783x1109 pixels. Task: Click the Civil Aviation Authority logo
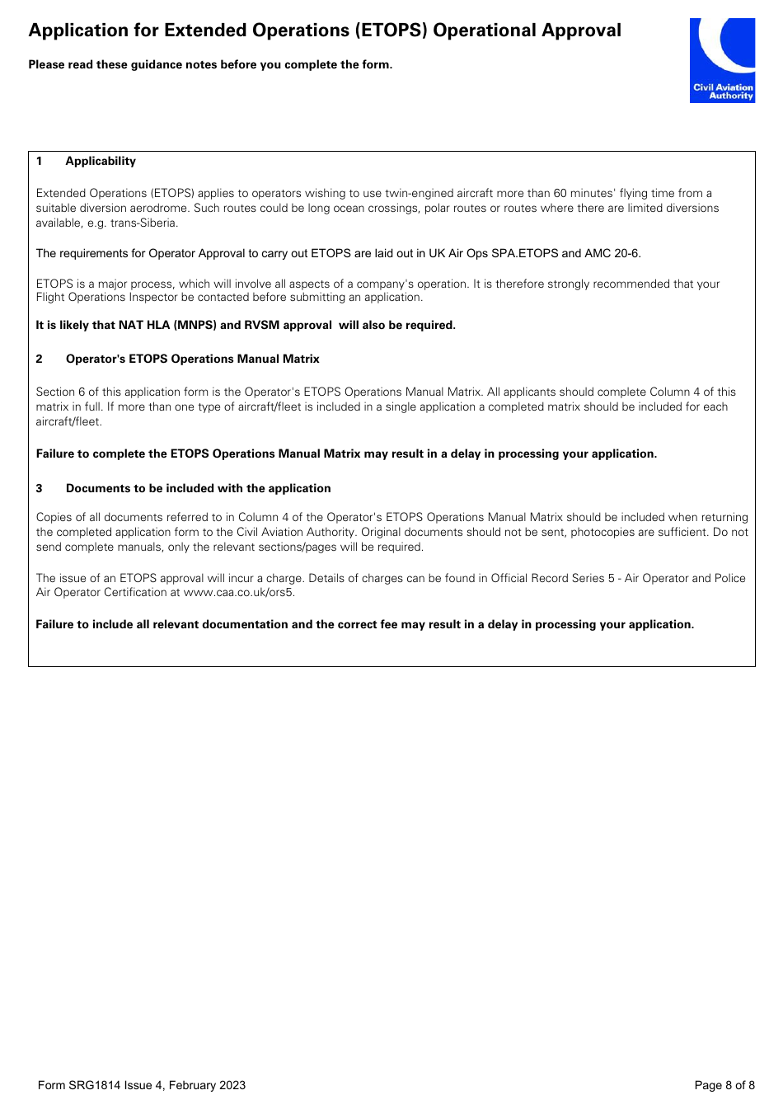coord(722,60)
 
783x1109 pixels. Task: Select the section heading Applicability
coord(101,161)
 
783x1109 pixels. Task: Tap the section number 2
coord(39,359)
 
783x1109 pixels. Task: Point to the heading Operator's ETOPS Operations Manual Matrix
coord(192,359)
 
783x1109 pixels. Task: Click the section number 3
coord(39,488)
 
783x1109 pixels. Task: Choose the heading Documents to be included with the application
coord(198,488)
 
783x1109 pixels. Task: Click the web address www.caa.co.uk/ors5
coord(238,593)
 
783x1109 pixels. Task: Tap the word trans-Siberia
coord(143,223)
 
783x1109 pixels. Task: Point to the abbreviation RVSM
coord(261,325)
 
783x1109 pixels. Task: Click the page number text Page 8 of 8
coord(724,1085)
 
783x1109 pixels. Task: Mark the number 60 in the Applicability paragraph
coord(560,193)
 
